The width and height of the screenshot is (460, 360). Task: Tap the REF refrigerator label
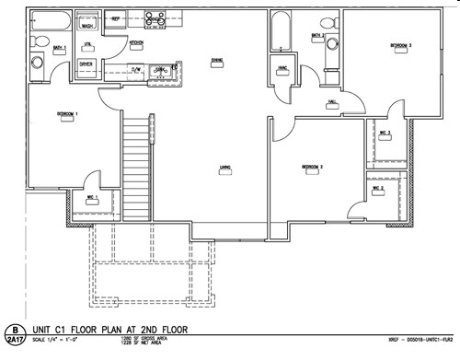point(116,18)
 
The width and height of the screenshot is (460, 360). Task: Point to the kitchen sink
point(161,69)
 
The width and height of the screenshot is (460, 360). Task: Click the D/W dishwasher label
point(134,69)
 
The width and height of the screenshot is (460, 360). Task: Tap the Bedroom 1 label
point(66,114)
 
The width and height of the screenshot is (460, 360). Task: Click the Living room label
point(224,167)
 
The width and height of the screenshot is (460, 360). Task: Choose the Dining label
point(217,61)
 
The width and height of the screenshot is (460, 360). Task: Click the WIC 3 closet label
point(385,133)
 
